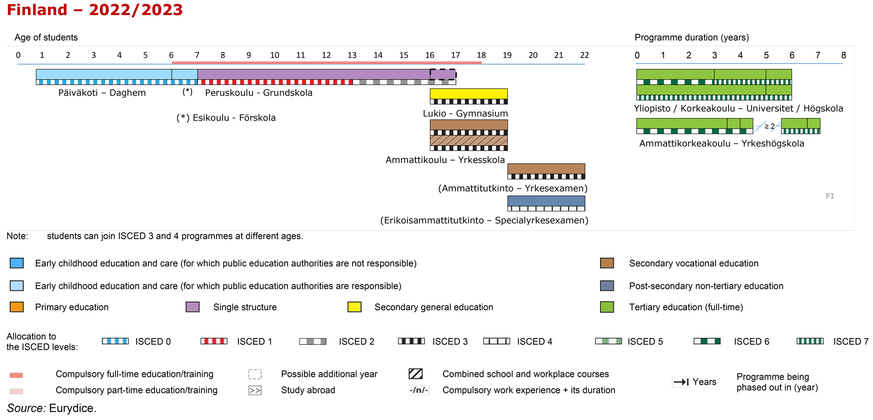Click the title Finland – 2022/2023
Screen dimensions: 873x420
click(x=95, y=10)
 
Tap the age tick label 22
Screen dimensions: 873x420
click(x=584, y=55)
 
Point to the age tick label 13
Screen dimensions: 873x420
click(x=352, y=55)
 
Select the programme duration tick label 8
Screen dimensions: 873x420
click(x=844, y=55)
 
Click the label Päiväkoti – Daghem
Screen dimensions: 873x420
click(x=102, y=93)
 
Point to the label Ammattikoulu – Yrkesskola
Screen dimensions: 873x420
click(x=445, y=160)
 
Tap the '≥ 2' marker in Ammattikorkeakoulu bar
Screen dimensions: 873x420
click(x=770, y=126)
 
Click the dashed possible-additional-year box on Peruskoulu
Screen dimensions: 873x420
click(x=443, y=74)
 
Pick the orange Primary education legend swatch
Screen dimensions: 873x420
click(x=17, y=307)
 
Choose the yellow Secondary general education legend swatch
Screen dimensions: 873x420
click(x=354, y=307)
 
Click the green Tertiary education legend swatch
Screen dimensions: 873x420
click(x=607, y=307)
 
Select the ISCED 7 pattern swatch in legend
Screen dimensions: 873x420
click(x=810, y=341)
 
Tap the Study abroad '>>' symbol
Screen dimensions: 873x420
click(x=255, y=390)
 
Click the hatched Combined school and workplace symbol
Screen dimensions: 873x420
click(x=416, y=374)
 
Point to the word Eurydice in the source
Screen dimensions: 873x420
click(x=73, y=408)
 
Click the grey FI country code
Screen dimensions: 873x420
click(x=830, y=196)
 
